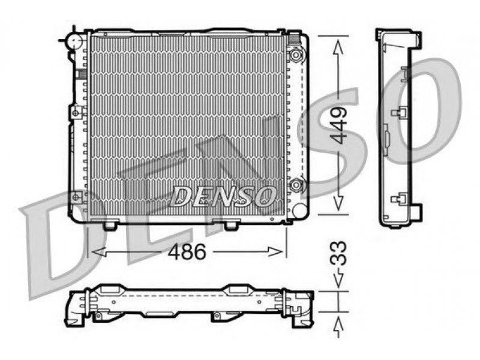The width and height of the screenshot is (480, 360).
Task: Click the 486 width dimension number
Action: (187, 252)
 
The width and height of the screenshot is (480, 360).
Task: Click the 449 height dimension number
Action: (340, 125)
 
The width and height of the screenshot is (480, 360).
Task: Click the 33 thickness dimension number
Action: (338, 253)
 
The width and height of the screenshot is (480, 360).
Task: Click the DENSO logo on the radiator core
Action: (223, 196)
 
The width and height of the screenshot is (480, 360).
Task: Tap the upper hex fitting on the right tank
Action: (296, 55)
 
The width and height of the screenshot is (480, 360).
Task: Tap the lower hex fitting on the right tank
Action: (296, 185)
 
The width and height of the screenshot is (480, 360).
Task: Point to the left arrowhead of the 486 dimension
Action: (98, 252)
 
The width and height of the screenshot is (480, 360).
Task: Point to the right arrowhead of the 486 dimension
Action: (275, 252)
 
